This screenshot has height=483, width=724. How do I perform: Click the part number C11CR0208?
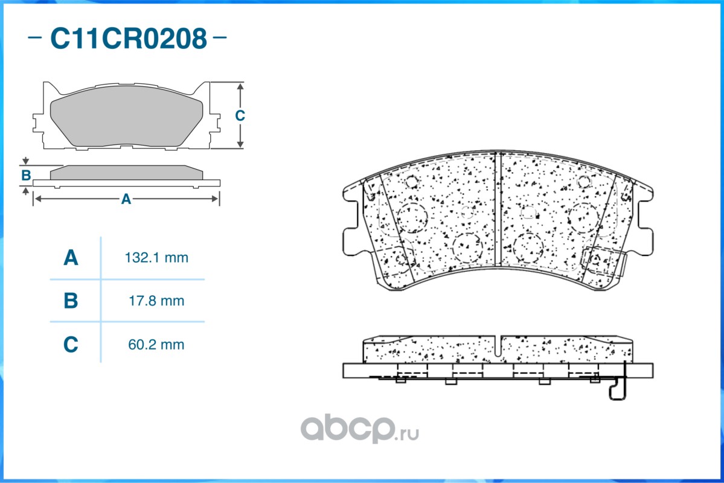128,39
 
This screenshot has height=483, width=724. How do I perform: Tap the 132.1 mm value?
156,258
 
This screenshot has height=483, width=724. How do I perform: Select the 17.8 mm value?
156,300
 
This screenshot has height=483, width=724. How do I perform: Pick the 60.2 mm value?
156,345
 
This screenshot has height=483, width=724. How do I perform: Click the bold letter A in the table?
71,258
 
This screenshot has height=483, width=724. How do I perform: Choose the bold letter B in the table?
71,301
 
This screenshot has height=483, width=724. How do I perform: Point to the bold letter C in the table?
71,345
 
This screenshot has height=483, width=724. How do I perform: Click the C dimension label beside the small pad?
240,115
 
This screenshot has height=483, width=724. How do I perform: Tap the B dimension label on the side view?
26,176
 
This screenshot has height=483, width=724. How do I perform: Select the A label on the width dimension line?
126,199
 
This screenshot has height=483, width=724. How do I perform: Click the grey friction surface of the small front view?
126,120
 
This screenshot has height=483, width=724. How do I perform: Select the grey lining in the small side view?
126,173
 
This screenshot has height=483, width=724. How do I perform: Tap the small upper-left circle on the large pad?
412,181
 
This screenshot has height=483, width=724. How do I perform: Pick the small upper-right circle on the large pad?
583,181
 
